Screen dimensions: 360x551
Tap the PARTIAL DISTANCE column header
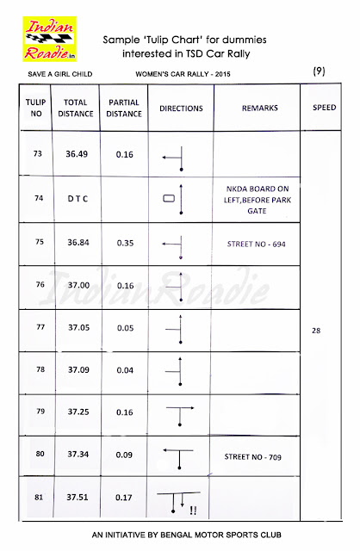pyautogui.click(x=126, y=109)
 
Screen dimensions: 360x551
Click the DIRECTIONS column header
pyautogui.click(x=181, y=109)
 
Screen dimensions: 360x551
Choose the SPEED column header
pyautogui.click(x=323, y=109)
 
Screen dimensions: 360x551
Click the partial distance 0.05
pyautogui.click(x=126, y=327)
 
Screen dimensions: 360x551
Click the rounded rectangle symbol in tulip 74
pyautogui.click(x=169, y=199)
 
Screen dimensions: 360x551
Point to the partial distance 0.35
pyautogui.click(x=126, y=243)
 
